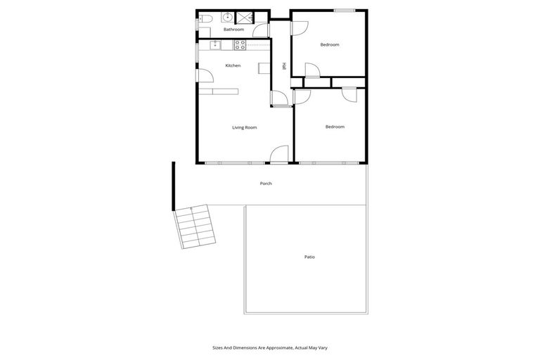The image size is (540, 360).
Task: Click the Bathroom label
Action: click(x=233, y=30)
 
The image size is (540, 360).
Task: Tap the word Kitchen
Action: click(x=233, y=65)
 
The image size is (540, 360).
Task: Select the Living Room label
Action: click(x=245, y=127)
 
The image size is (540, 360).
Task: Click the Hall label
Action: click(x=284, y=66)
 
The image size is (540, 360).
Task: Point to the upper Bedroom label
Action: click(x=330, y=44)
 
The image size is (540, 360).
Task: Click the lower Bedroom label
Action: click(x=335, y=127)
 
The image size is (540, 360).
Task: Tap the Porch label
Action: click(x=266, y=184)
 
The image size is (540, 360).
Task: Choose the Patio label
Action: click(x=309, y=257)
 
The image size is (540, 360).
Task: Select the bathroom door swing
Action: click(x=261, y=30)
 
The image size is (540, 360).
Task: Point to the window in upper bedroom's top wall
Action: click(x=344, y=11)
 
